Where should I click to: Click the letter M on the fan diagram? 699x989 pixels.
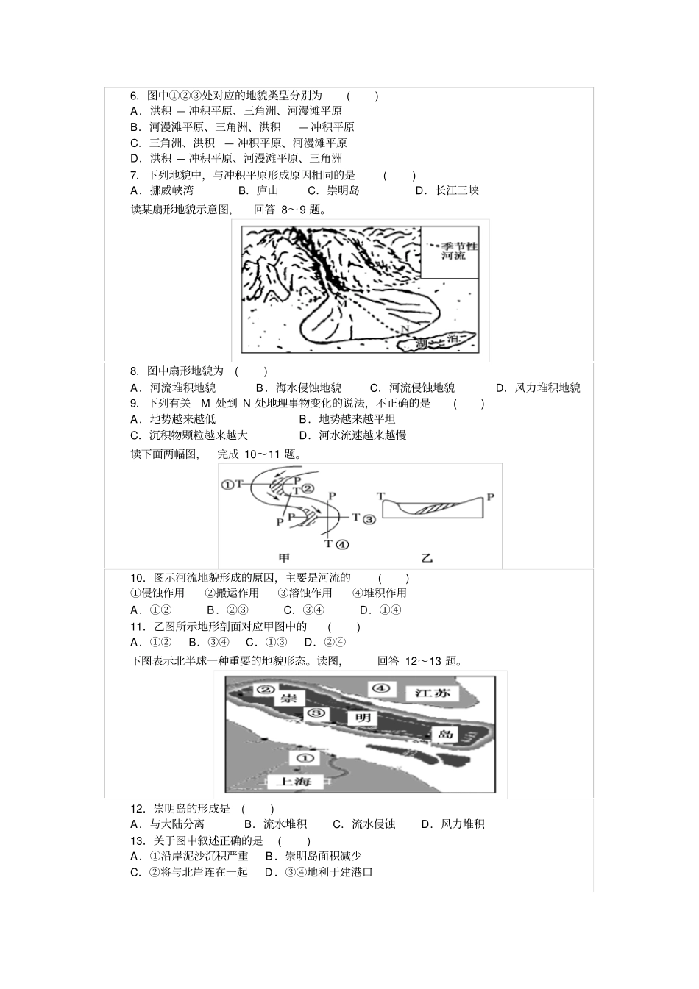(x=341, y=302)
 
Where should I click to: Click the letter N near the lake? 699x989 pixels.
(x=404, y=328)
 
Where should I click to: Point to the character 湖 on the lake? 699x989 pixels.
(x=420, y=343)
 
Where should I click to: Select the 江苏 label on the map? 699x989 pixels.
(x=431, y=693)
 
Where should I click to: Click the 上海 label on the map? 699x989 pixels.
(x=294, y=781)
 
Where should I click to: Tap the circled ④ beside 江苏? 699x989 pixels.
(x=380, y=688)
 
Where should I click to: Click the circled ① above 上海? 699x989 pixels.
(x=304, y=757)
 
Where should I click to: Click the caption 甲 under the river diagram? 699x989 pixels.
(x=284, y=558)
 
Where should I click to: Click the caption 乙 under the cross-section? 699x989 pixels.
(x=427, y=558)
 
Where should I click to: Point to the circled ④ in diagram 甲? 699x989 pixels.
(x=341, y=545)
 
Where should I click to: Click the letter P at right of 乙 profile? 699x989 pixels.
(x=490, y=497)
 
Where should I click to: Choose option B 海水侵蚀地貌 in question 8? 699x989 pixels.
(x=299, y=388)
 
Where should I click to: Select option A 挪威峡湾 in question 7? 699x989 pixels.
(x=162, y=190)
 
